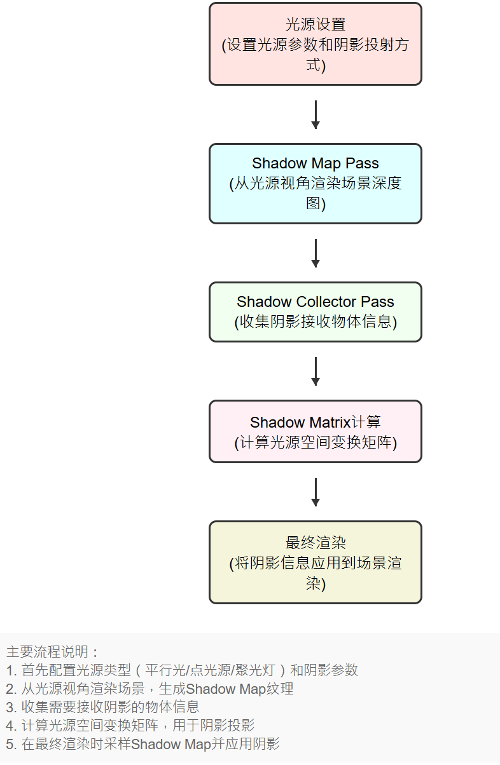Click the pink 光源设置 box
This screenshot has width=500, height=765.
[x=315, y=44]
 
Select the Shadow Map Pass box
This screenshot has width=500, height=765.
[x=315, y=184]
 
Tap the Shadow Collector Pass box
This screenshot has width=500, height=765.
[x=315, y=311]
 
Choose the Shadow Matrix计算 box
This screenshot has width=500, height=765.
[x=315, y=431]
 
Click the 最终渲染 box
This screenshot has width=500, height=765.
[x=315, y=562]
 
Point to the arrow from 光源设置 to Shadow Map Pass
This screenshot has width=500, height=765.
[x=315, y=114]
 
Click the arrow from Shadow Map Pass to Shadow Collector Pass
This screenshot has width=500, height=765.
[x=315, y=253]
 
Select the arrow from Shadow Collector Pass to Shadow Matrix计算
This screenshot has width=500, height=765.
[x=315, y=371]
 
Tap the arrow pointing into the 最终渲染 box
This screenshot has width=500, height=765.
[x=315, y=492]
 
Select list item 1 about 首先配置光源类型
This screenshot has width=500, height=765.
[x=182, y=670]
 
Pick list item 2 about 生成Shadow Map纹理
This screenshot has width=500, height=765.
[x=149, y=689]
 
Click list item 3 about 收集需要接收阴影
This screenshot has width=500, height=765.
[x=102, y=707]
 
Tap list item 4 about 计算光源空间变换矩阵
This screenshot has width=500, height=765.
[x=130, y=726]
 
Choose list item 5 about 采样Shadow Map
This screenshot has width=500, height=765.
[x=142, y=744]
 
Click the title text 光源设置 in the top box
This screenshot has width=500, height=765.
[x=315, y=25]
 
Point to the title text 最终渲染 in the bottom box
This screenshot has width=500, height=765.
[x=315, y=543]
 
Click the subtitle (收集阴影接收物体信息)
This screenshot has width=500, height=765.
[x=315, y=322]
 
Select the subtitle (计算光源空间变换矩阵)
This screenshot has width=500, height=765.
[x=315, y=442]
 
